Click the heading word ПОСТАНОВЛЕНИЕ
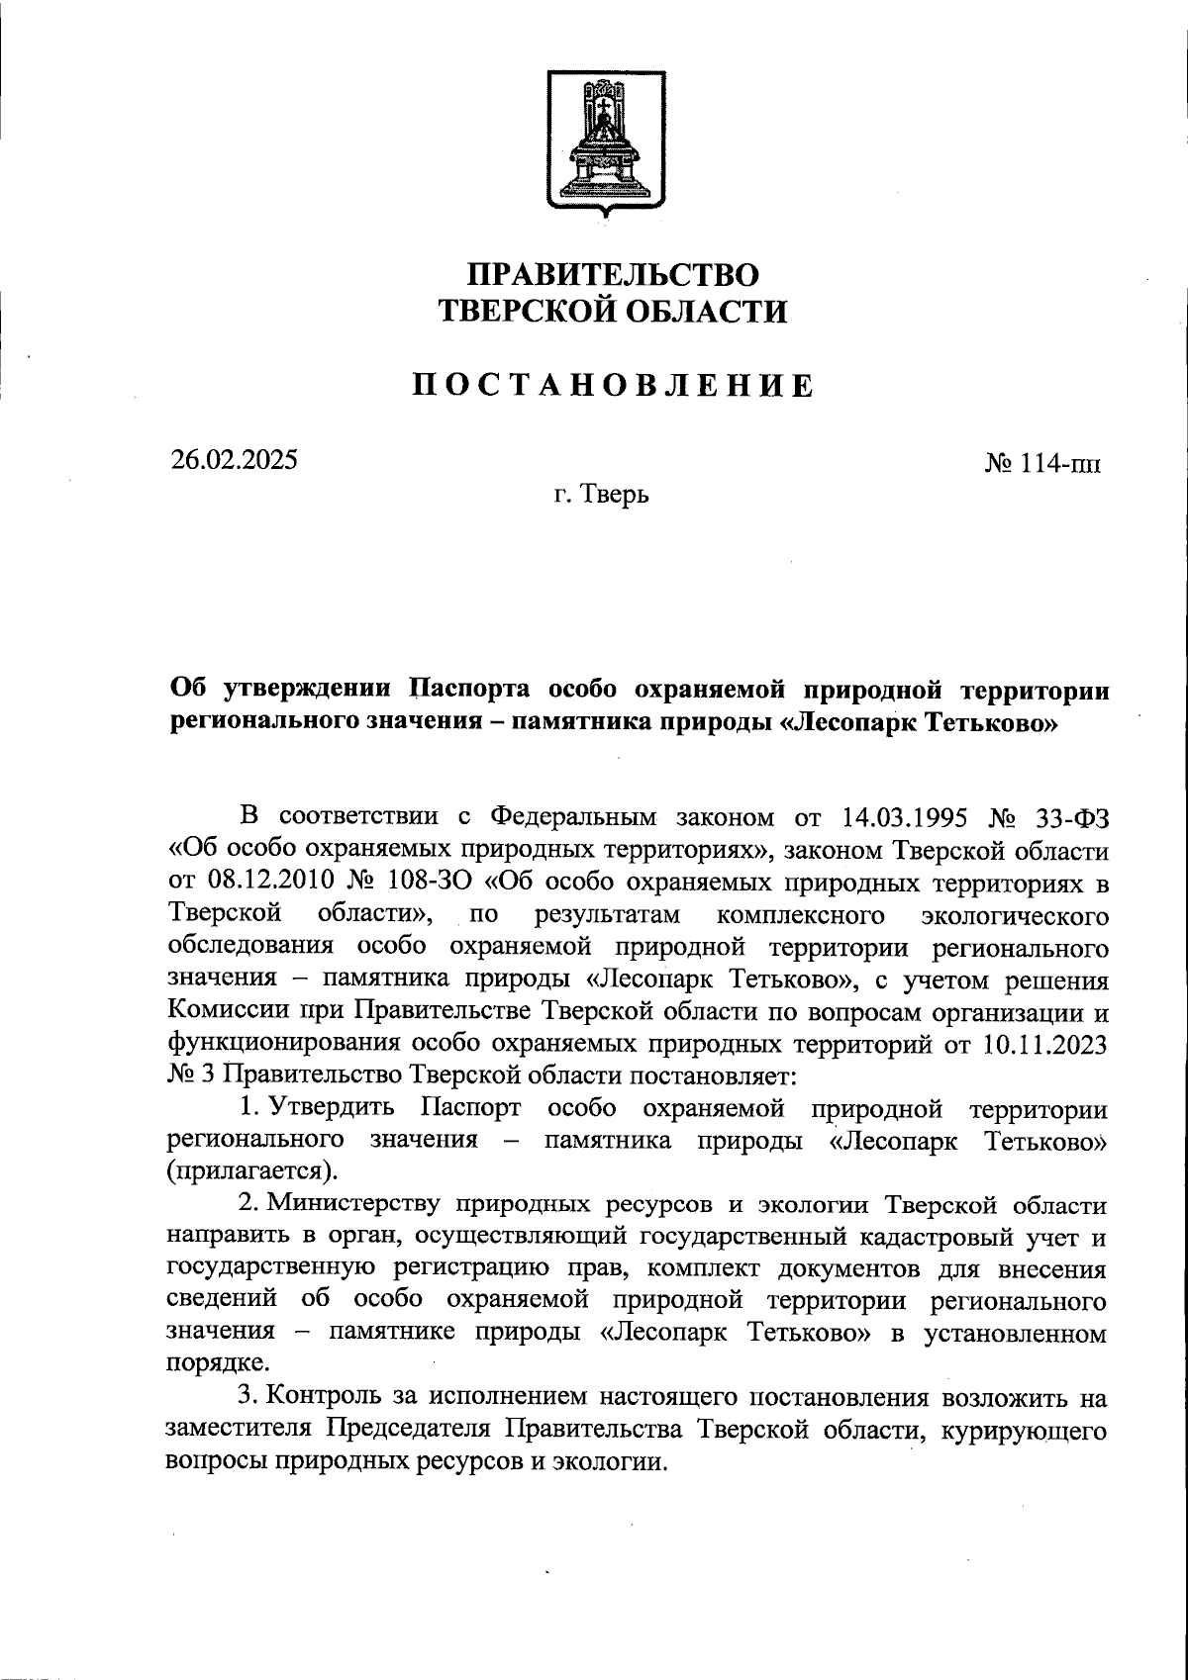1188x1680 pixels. [614, 385]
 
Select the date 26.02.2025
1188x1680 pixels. [234, 460]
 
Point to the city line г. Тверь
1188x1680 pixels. [601, 493]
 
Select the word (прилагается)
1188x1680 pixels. [251, 1171]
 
